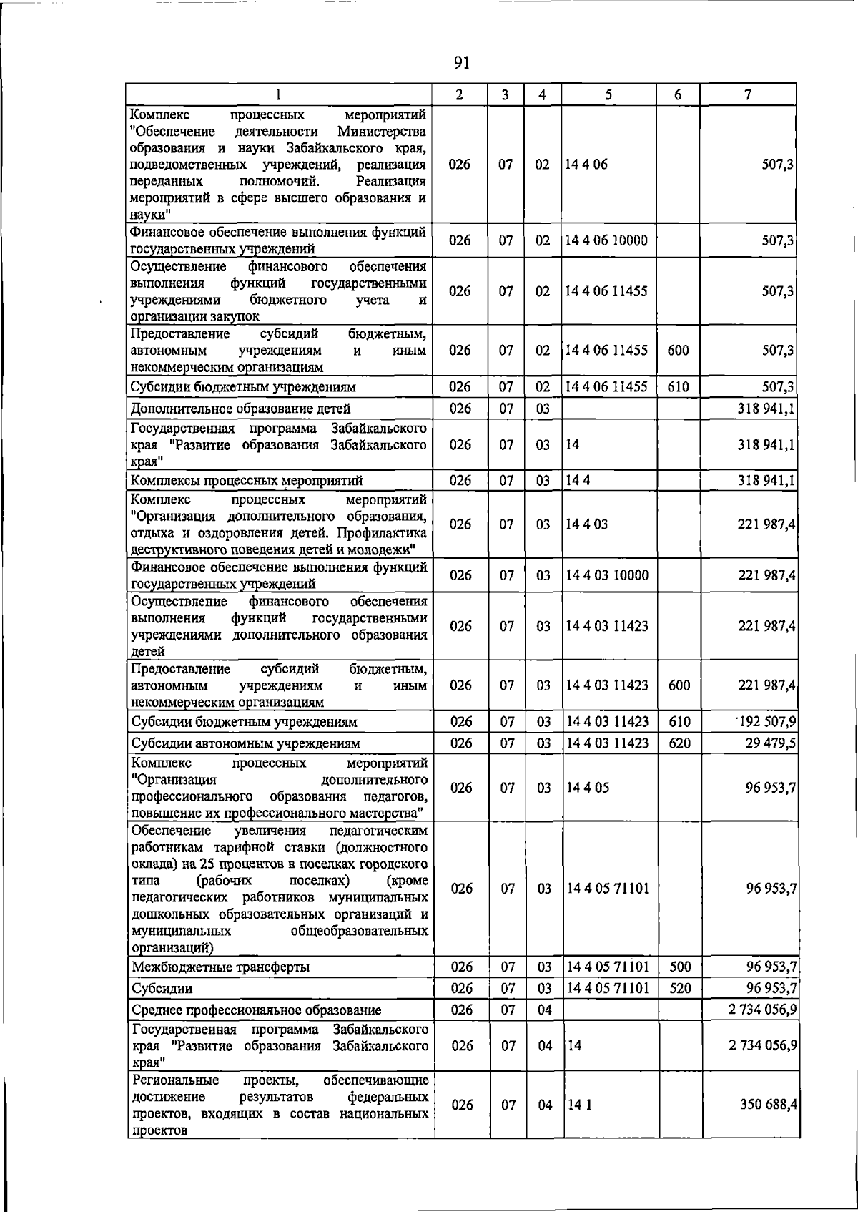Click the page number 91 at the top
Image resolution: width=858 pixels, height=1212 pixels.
click(461, 63)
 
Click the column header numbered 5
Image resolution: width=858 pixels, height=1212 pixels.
click(608, 94)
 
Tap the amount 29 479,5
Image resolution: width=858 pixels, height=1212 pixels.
click(771, 743)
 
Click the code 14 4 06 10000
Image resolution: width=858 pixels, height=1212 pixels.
click(606, 240)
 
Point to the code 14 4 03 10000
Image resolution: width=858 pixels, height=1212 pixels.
click(606, 575)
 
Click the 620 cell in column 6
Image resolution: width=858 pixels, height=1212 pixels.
click(679, 743)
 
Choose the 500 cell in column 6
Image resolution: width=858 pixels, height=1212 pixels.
click(680, 967)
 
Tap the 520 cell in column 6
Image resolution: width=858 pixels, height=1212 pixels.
click(680, 988)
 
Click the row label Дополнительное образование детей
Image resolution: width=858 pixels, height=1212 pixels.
click(240, 409)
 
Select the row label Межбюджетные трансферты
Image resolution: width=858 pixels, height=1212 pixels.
click(221, 967)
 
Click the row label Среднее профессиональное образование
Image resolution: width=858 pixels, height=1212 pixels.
click(257, 1010)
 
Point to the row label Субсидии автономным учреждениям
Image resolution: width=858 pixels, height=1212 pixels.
click(245, 743)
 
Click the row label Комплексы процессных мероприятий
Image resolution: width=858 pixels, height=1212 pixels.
click(247, 480)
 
